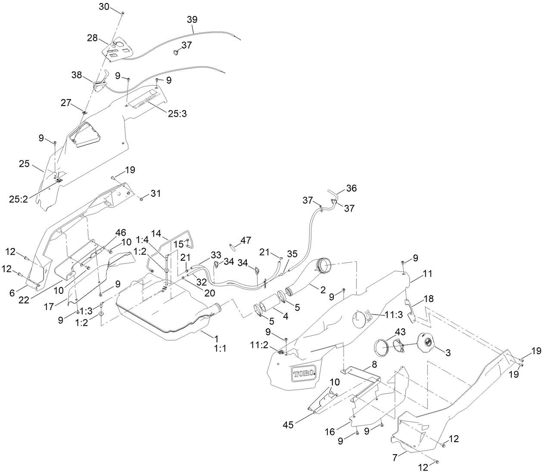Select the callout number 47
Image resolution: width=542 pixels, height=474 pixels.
(x=246, y=240)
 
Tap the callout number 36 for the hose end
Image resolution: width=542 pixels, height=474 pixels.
(x=351, y=188)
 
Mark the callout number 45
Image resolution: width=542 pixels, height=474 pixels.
(x=288, y=424)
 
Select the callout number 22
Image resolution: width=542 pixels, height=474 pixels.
(x=24, y=299)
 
